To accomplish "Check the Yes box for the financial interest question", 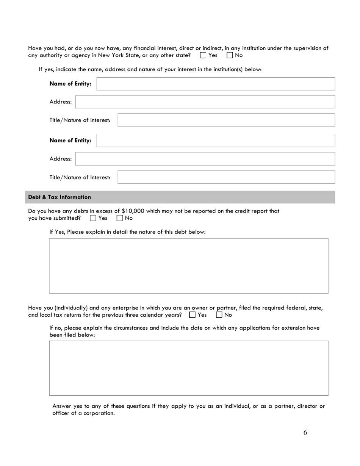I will [203, 55].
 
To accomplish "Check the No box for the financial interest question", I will [230, 55].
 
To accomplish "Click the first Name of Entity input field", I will [216, 84].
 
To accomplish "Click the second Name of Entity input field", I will [216, 141].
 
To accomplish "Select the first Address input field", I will [205, 102].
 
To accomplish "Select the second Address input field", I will [205, 159].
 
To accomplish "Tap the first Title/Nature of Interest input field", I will [226, 120].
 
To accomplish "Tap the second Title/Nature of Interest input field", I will [226, 177].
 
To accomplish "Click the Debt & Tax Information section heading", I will [60, 197].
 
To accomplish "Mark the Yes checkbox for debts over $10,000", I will [93, 218].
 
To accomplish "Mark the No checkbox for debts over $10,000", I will [120, 218].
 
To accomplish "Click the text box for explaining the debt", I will [188, 266].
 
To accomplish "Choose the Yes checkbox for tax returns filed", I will [193, 315].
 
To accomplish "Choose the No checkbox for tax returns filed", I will [219, 315].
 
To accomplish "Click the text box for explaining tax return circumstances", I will [188, 368].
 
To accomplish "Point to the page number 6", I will [305, 433].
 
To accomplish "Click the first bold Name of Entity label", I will [70, 84].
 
